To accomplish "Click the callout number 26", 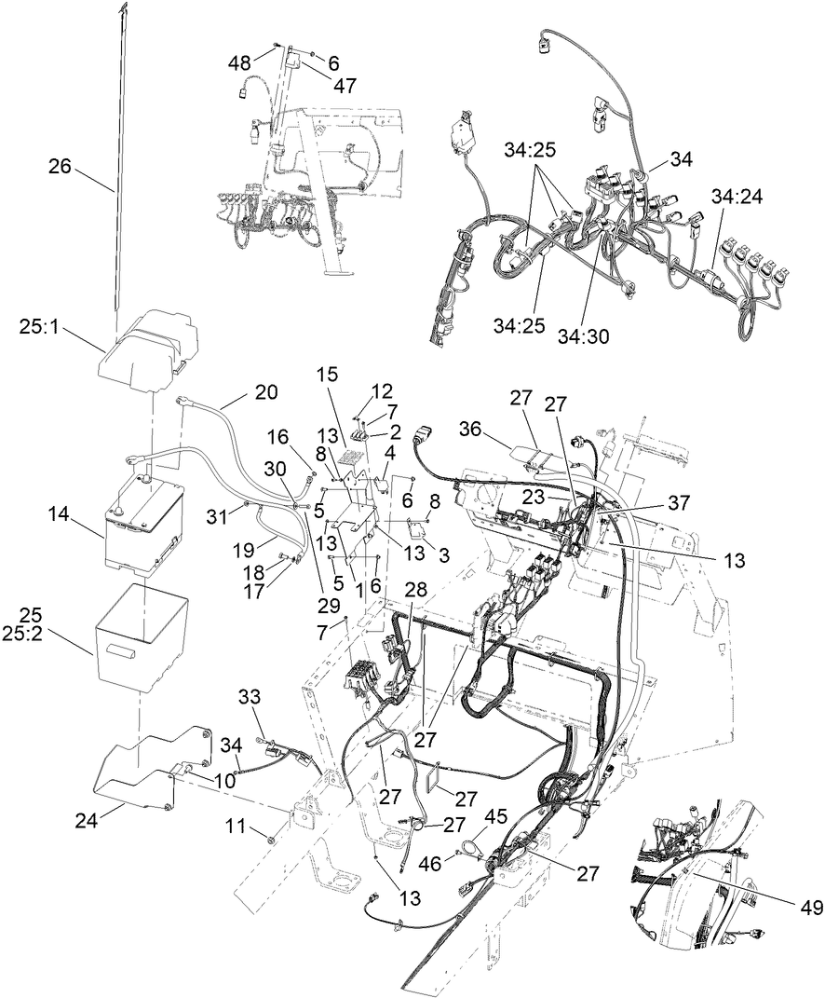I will [x=60, y=167].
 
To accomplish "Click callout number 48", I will [x=241, y=63].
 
